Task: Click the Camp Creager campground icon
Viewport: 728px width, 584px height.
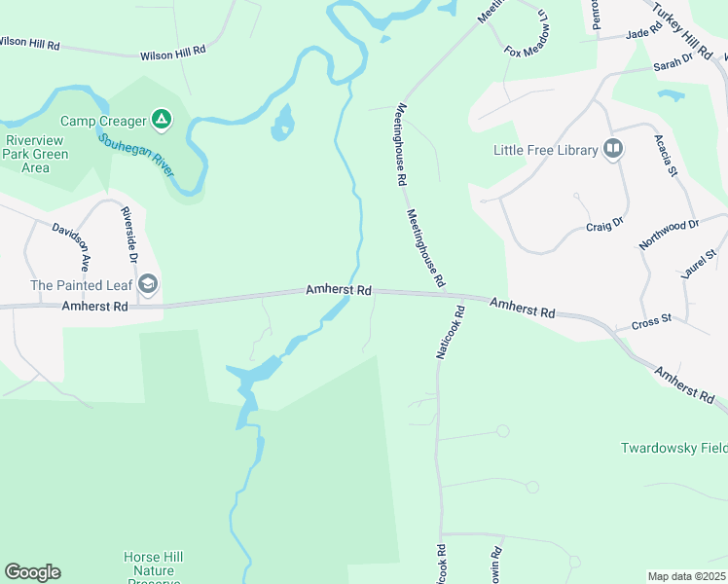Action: click(162, 121)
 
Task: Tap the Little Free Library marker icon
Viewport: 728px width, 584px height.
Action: click(613, 149)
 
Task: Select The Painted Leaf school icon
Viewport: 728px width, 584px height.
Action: click(148, 284)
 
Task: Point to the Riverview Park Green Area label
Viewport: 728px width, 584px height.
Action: click(35, 154)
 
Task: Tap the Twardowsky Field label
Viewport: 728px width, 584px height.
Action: click(673, 449)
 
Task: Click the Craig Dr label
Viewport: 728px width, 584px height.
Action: click(603, 226)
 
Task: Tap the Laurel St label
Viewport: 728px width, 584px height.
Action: click(699, 263)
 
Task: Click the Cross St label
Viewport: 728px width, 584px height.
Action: click(651, 320)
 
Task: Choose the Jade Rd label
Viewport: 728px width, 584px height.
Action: click(644, 31)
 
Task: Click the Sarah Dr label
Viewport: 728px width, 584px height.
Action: click(672, 63)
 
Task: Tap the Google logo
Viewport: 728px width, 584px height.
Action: click(32, 572)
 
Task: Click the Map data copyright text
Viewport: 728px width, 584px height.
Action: click(686, 575)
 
